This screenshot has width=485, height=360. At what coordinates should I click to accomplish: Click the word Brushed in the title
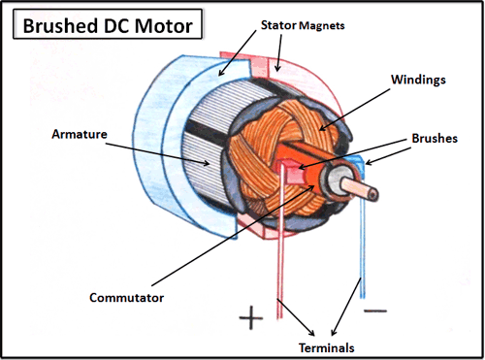click(x=60, y=25)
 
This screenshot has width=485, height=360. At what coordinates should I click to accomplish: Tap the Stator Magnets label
click(x=303, y=25)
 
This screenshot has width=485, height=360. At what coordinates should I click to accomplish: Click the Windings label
click(x=418, y=80)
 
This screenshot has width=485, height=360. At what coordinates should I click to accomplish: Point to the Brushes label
click(x=435, y=139)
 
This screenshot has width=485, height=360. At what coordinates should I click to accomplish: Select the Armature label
click(x=80, y=134)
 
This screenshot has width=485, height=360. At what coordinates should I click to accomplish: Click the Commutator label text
click(x=126, y=298)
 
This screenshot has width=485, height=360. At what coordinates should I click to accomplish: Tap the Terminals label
click(x=326, y=348)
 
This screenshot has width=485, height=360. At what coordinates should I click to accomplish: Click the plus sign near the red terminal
click(x=251, y=317)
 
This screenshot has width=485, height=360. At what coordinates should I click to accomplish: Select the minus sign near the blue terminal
click(x=375, y=311)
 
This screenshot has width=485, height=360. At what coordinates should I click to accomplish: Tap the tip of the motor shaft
click(x=374, y=195)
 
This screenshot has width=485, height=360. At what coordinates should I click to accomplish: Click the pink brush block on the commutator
click(x=293, y=173)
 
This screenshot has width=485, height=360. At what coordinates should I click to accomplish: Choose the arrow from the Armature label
click(x=157, y=153)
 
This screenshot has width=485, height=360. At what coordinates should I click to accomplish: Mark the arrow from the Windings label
click(x=354, y=110)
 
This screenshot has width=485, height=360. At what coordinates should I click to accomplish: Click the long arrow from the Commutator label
click(x=233, y=236)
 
